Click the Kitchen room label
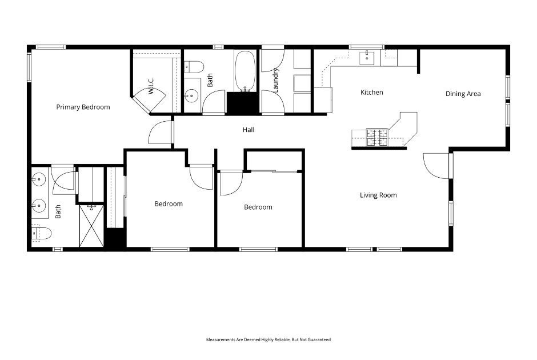tap(371, 92)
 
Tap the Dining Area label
tap(463, 94)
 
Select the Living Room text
tap(378, 195)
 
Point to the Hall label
tap(249, 130)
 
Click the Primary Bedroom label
tap(83, 107)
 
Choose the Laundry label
tap(275, 81)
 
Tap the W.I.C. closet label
tap(151, 90)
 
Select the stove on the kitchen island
tap(376, 137)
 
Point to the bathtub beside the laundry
tap(246, 71)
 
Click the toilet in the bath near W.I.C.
tap(194, 67)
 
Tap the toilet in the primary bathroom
tap(42, 233)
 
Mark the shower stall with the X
tap(91, 226)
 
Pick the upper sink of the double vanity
tap(39, 180)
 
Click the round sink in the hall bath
tap(192, 95)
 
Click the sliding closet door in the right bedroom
tap(274, 171)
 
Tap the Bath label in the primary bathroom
tap(58, 213)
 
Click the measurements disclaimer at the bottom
tap(268, 339)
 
